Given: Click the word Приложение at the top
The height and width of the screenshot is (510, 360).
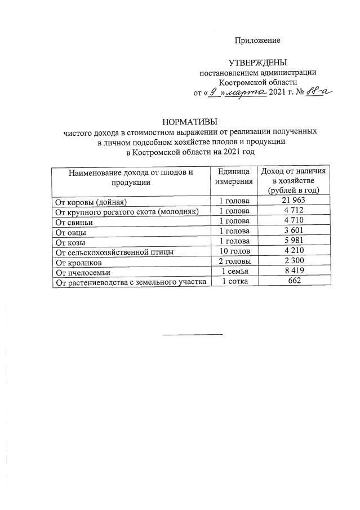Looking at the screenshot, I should [x=257, y=41].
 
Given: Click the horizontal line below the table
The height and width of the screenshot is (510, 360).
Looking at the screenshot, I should [x=193, y=334].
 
